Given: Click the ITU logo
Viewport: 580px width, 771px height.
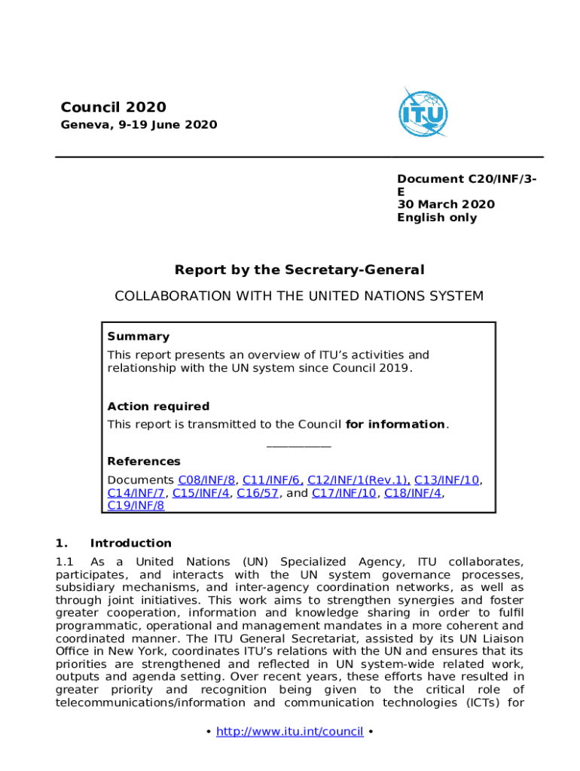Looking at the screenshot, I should tap(423, 114).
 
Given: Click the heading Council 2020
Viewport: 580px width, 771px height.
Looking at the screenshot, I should tap(113, 108).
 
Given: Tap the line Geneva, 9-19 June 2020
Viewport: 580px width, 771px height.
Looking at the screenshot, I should tap(139, 125).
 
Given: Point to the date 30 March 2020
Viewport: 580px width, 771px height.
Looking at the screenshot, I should tap(446, 205).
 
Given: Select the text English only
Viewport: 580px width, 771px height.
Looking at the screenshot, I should tap(437, 218).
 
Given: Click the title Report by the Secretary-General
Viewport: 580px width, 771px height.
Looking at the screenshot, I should tap(299, 270).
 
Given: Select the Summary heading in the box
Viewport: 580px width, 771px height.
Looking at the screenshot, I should tap(138, 337).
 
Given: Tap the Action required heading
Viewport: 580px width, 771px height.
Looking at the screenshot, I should tap(158, 407).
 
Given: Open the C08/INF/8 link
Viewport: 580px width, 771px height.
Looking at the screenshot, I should tap(206, 480).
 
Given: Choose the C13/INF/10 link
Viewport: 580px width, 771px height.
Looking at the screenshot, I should tap(447, 480).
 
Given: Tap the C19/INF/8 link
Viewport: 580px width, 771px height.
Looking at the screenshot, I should tap(136, 506).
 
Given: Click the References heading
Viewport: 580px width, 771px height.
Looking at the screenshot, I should tap(144, 462).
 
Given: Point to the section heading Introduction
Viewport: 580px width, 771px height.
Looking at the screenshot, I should tap(130, 543).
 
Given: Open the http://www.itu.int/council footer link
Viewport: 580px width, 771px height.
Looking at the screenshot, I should tap(290, 732).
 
